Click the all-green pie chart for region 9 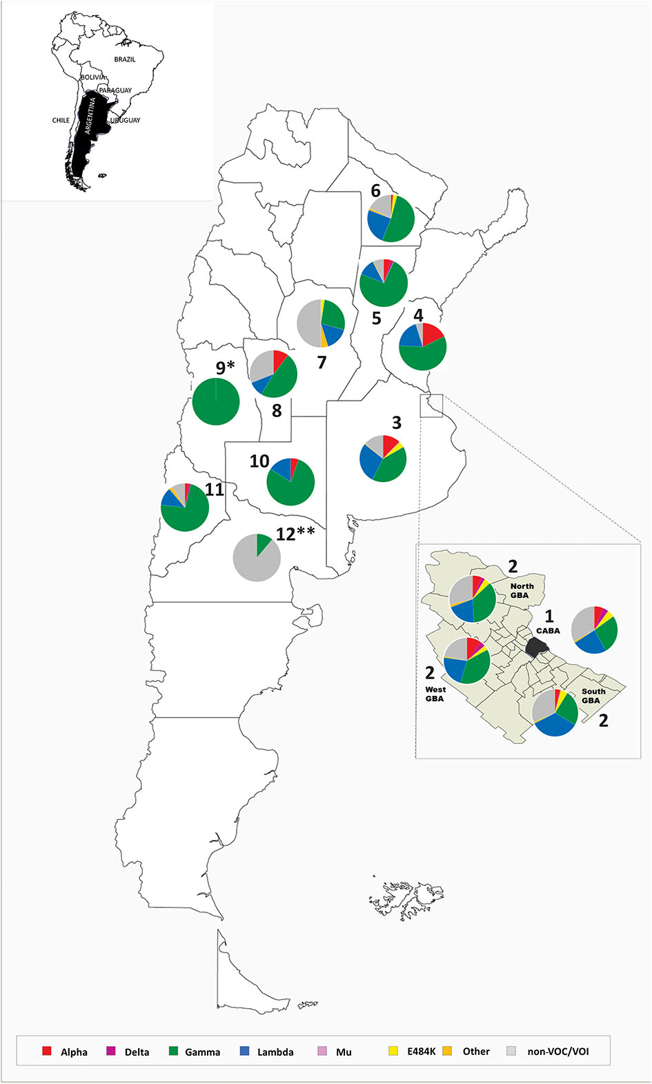coord(216,401)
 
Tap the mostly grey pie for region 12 coord(257,557)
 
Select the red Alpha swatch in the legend coord(47,1051)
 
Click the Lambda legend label coord(275,1052)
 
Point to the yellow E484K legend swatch coord(393,1051)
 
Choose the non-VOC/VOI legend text coord(557,1052)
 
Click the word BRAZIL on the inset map coord(125,59)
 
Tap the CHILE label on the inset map coord(61,120)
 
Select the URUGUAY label coord(126,120)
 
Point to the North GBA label coord(521,591)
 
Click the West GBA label coord(435,694)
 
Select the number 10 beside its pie coord(259,461)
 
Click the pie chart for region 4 coord(423,346)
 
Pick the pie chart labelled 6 coord(391,218)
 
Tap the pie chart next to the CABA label coord(595,630)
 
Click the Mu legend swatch coord(322,1051)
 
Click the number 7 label coord(322,362)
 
